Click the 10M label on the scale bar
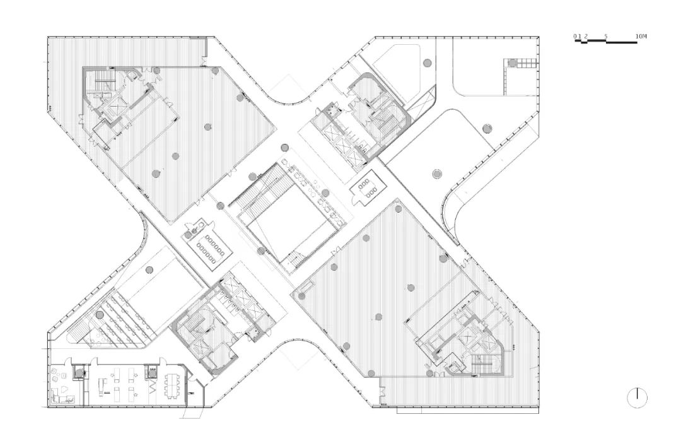[641, 37]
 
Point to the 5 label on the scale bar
[606, 37]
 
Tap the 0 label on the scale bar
[575, 37]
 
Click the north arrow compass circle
[637, 397]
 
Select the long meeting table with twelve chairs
[211, 247]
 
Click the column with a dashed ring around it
[437, 174]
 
